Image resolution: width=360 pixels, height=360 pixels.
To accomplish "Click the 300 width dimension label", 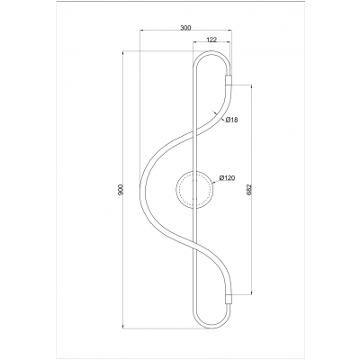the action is coord(185,28).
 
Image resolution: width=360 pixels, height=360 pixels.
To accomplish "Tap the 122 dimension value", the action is coord(211,40).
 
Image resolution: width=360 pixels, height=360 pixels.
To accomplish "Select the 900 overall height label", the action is coord(121,190).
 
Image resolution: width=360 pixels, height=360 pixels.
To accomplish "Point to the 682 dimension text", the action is coord(249,190).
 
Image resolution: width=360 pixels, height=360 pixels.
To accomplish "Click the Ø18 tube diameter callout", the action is coord(231,120).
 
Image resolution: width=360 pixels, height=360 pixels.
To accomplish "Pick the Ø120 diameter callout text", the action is coord(227,178).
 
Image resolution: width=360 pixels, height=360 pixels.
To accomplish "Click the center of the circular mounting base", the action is coord(195,190).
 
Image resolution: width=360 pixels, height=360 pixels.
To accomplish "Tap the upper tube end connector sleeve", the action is coord(229,80).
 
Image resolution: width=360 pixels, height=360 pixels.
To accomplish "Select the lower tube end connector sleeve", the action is coord(229,299).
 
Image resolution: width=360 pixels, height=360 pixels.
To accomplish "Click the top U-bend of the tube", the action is coord(212,52).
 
